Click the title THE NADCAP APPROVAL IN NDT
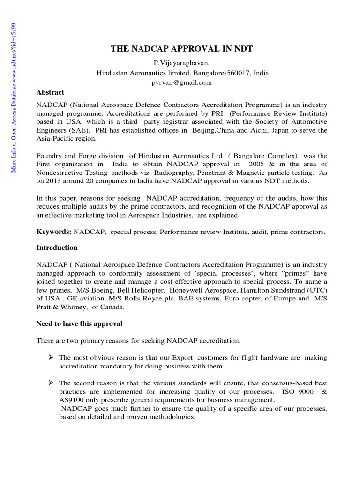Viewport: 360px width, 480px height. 182,49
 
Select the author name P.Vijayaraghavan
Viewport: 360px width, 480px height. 182,63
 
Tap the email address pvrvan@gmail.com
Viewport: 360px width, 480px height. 182,82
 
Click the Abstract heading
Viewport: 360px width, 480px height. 51,92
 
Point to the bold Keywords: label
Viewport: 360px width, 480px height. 54,232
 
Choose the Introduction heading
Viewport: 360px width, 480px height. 57,247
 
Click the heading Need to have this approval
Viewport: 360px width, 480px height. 80,324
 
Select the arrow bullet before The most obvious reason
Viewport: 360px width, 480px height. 51,358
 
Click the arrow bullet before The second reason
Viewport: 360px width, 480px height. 51,383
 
